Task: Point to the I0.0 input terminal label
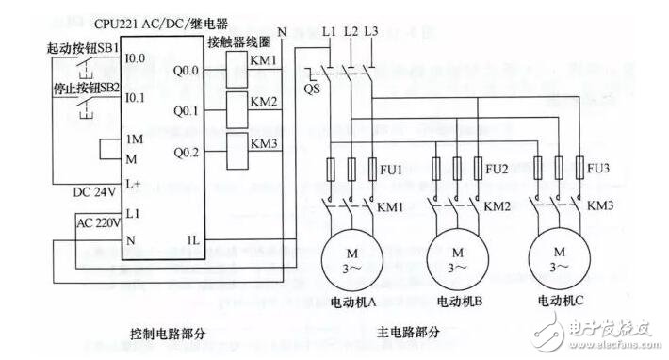pyautogui.click(x=136, y=58)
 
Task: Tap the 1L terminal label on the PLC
pyautogui.click(x=192, y=239)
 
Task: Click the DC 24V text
pyautogui.click(x=93, y=192)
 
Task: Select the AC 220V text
pyautogui.click(x=98, y=224)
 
